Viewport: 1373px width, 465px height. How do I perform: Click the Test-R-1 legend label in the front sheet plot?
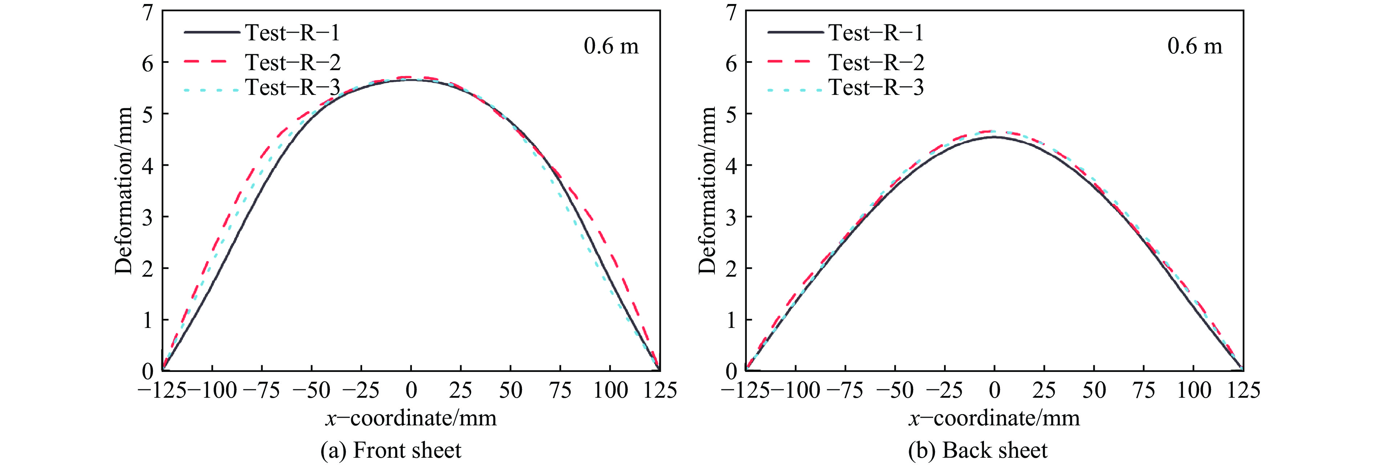(292, 33)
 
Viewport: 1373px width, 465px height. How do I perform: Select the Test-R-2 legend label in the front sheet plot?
(293, 63)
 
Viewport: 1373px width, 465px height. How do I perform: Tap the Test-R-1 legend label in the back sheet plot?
(876, 33)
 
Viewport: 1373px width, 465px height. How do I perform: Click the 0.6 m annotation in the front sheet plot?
(611, 47)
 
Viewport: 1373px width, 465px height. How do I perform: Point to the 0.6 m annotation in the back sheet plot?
(1194, 47)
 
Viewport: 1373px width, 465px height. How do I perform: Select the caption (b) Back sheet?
(977, 450)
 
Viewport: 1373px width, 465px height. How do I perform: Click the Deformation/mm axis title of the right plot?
(707, 191)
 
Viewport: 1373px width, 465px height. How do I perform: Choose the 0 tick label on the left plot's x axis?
(411, 390)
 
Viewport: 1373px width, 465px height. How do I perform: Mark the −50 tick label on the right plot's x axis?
(895, 390)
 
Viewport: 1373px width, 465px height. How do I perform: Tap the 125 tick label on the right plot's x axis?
(1243, 390)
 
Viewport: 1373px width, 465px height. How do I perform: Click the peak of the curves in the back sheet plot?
(994, 135)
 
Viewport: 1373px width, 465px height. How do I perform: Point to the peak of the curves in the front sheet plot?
(411, 79)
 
